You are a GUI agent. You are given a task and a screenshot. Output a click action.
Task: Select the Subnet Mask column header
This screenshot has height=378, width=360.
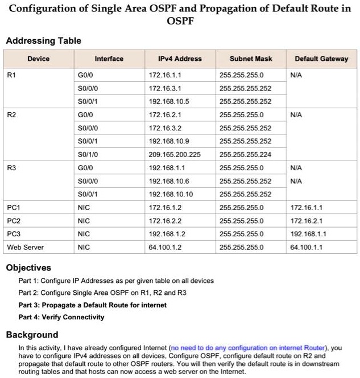[x=251, y=59]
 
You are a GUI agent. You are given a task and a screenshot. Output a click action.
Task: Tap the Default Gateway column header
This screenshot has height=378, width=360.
[x=321, y=59]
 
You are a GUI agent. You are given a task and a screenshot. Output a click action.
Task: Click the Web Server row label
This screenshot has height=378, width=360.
[x=25, y=247]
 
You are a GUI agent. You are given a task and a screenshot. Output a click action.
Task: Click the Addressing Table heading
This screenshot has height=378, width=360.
[x=43, y=41]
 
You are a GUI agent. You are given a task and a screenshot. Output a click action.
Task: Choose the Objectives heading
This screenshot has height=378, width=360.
[x=28, y=268]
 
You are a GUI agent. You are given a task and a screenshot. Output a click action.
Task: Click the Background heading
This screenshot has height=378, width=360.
[x=32, y=334]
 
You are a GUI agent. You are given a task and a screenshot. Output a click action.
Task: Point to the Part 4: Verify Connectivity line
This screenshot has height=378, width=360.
[x=61, y=317]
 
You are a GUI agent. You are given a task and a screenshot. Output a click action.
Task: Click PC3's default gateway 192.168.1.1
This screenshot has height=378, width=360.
[x=308, y=234]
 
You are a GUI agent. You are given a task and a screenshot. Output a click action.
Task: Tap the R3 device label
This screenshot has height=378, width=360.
[x=12, y=168]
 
